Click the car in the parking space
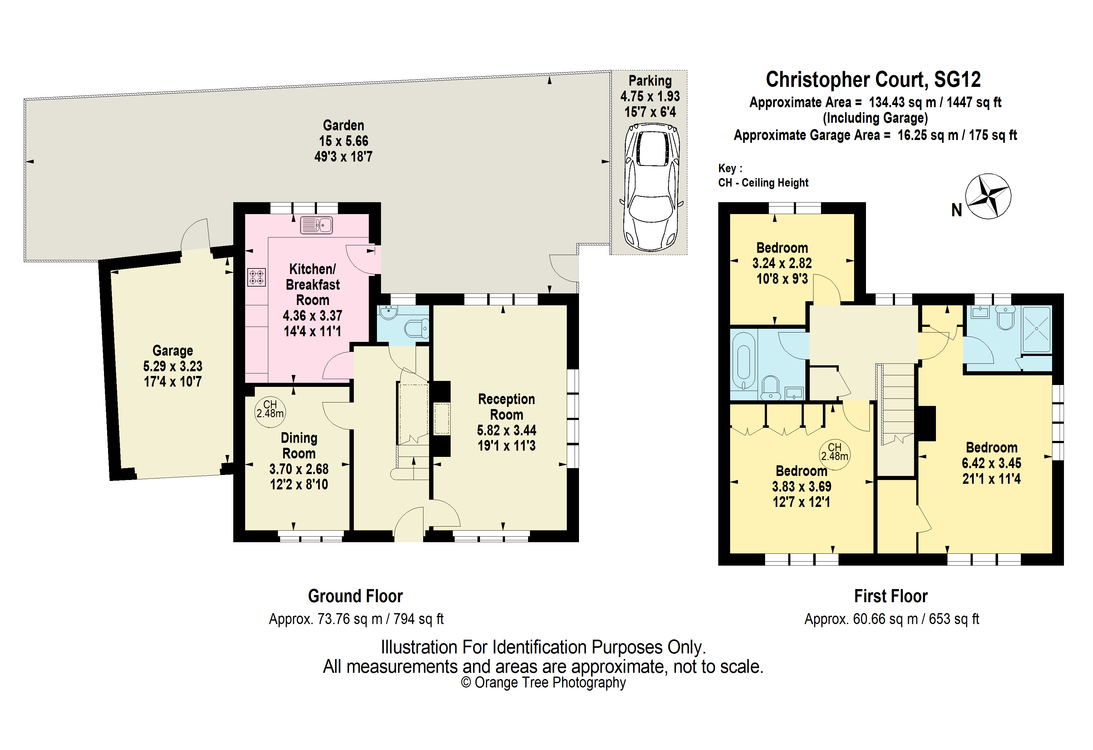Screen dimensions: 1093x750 tap(651, 187)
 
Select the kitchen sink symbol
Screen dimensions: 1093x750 tap(317, 225)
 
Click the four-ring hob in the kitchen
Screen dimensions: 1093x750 tap(256, 277)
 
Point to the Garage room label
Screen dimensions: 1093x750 tap(173, 351)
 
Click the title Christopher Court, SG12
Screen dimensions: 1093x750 tap(873, 79)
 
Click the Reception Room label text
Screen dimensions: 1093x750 tap(507, 407)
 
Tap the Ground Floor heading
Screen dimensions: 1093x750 tap(356, 596)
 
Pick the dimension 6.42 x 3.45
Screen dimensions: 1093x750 tap(992, 463)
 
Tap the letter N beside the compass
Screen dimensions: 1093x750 tap(957, 210)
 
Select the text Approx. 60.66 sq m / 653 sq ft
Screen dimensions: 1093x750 tap(892, 619)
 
